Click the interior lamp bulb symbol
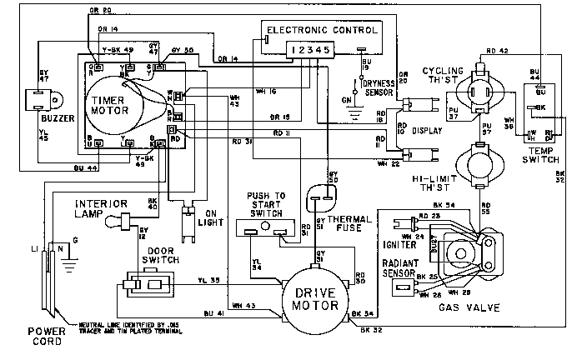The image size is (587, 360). pyautogui.click(x=125, y=222)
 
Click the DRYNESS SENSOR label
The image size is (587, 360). pyautogui.click(x=382, y=87)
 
